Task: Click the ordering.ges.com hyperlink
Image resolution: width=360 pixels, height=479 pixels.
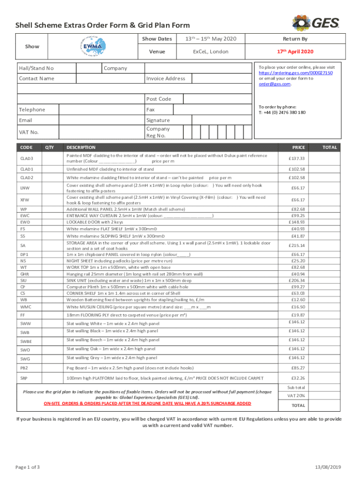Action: pos(296,73)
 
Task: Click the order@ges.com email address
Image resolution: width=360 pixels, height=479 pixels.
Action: pos(275,84)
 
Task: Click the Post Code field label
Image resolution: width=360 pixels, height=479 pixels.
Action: pos(158,99)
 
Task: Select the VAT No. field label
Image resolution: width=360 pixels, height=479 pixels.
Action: pos(28,132)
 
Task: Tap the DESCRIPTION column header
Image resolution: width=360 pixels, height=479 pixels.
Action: pos(81,147)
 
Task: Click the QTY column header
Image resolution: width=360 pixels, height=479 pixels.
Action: pos(50,147)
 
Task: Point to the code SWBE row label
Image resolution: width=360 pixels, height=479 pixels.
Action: pos(27,340)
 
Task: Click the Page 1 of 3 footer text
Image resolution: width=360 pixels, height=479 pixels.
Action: pos(28,467)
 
